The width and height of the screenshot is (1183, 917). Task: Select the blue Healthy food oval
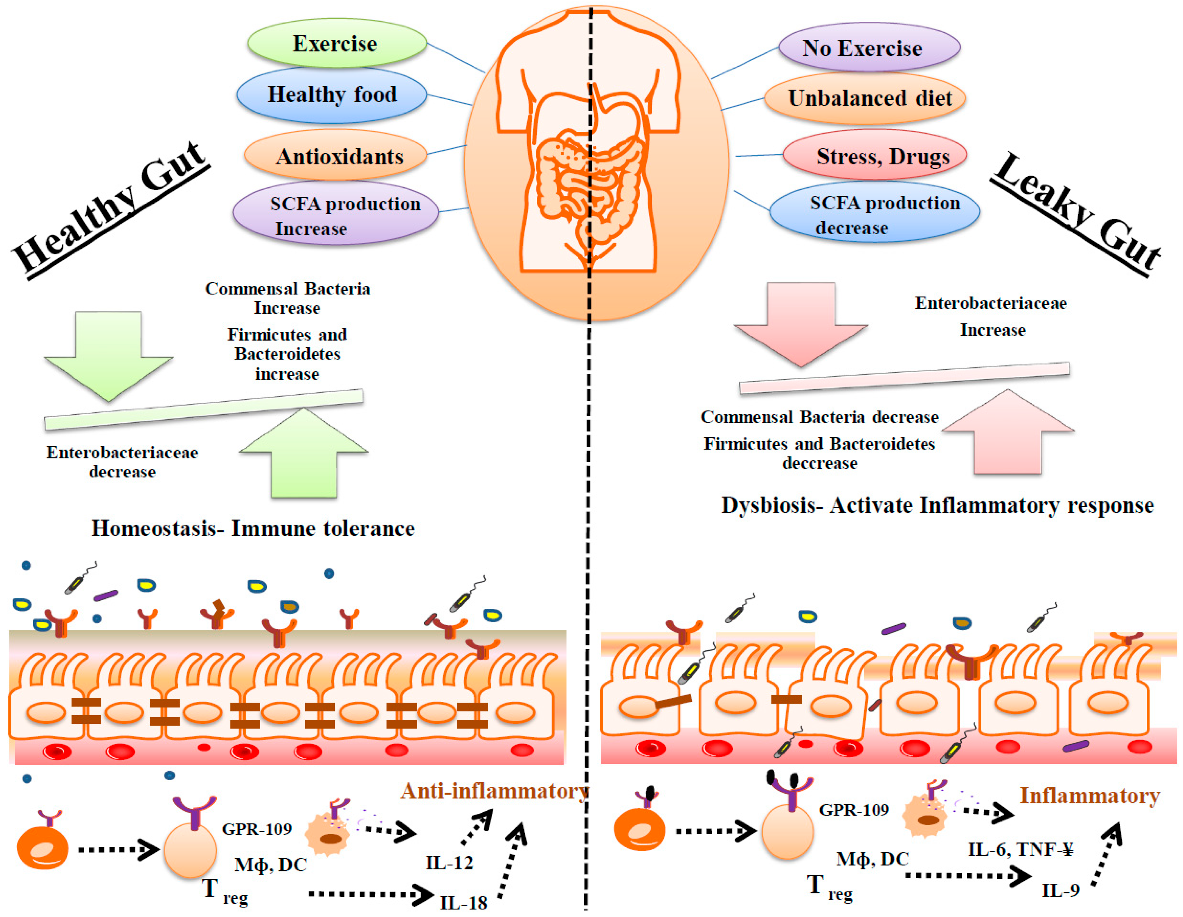pos(332,95)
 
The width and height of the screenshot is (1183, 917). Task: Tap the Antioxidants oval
pos(336,156)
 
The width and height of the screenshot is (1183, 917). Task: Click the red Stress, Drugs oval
pos(875,156)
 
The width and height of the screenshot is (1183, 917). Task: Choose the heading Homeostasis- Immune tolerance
pos(253,528)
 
